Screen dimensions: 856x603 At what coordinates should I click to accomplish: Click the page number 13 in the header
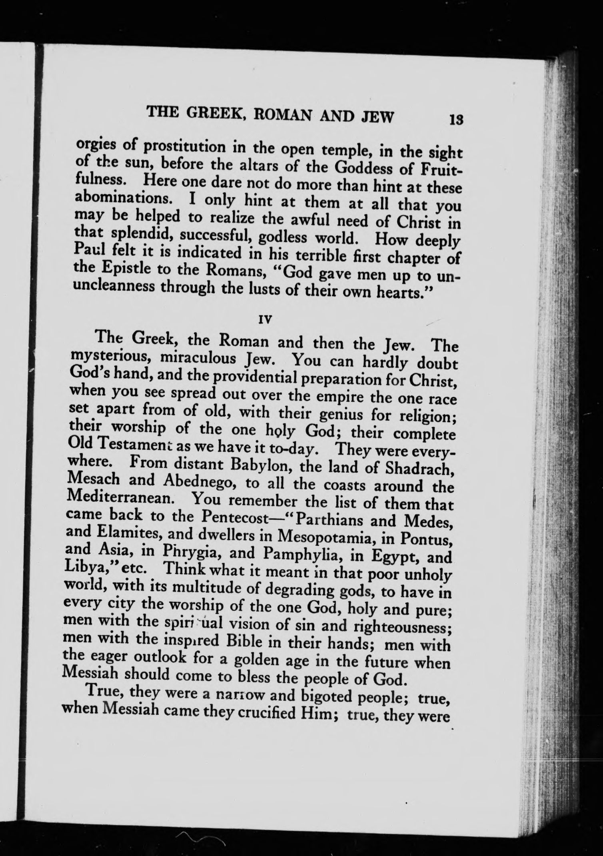[456, 120]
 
